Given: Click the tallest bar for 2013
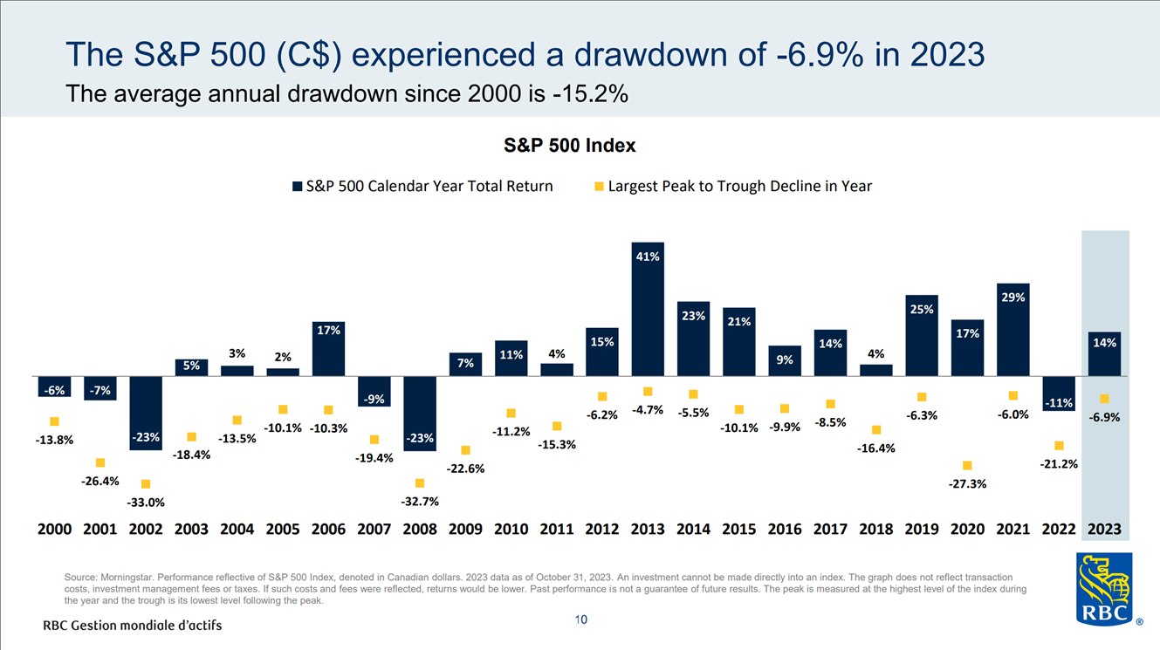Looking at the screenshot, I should point(648,309).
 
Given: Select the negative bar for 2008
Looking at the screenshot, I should point(419,414).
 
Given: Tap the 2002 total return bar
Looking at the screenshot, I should point(145,413).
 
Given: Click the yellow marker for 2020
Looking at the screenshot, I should point(967,465).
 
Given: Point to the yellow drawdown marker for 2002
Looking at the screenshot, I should point(146,483).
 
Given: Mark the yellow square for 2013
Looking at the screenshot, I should point(648,392).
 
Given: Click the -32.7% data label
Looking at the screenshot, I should point(419,502).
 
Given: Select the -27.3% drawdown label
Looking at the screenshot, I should point(967,483).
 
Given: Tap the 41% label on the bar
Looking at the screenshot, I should point(648,257).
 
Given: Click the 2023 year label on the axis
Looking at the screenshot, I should point(1104,530).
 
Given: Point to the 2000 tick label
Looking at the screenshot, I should point(54,530).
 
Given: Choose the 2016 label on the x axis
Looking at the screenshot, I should point(785,530).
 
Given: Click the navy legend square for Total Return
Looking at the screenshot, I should point(297,186).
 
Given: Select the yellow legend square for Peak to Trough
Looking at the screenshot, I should point(599,186).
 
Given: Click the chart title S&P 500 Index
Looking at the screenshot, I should point(570,146).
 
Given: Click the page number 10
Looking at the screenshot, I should point(581,619).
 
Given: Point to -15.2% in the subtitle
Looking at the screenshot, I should point(590,94).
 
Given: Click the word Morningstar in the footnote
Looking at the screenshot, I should point(129,578).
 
